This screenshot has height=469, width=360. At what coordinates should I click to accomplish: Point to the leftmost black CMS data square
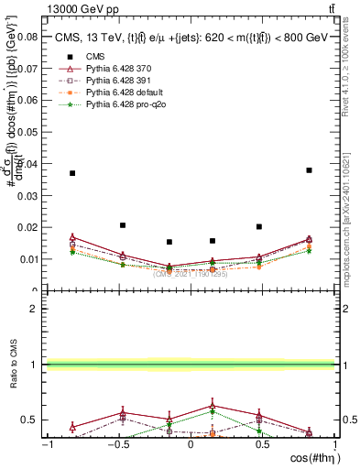click(72, 173)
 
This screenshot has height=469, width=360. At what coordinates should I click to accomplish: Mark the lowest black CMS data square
click(169, 242)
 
